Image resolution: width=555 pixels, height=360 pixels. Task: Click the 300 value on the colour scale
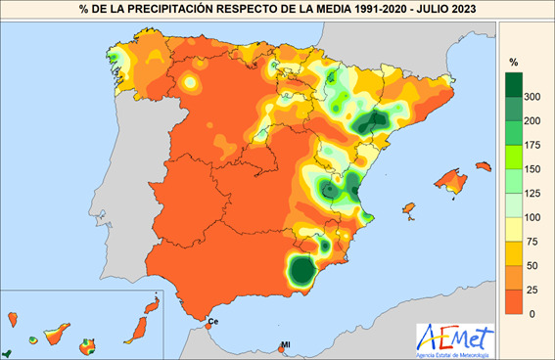[532, 98]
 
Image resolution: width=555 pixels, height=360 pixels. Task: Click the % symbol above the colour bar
[513, 63]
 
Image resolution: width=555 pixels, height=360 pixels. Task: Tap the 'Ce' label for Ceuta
[212, 322]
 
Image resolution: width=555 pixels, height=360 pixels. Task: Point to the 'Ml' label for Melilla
[286, 344]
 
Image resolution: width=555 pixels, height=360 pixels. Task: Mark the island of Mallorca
[451, 180]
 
